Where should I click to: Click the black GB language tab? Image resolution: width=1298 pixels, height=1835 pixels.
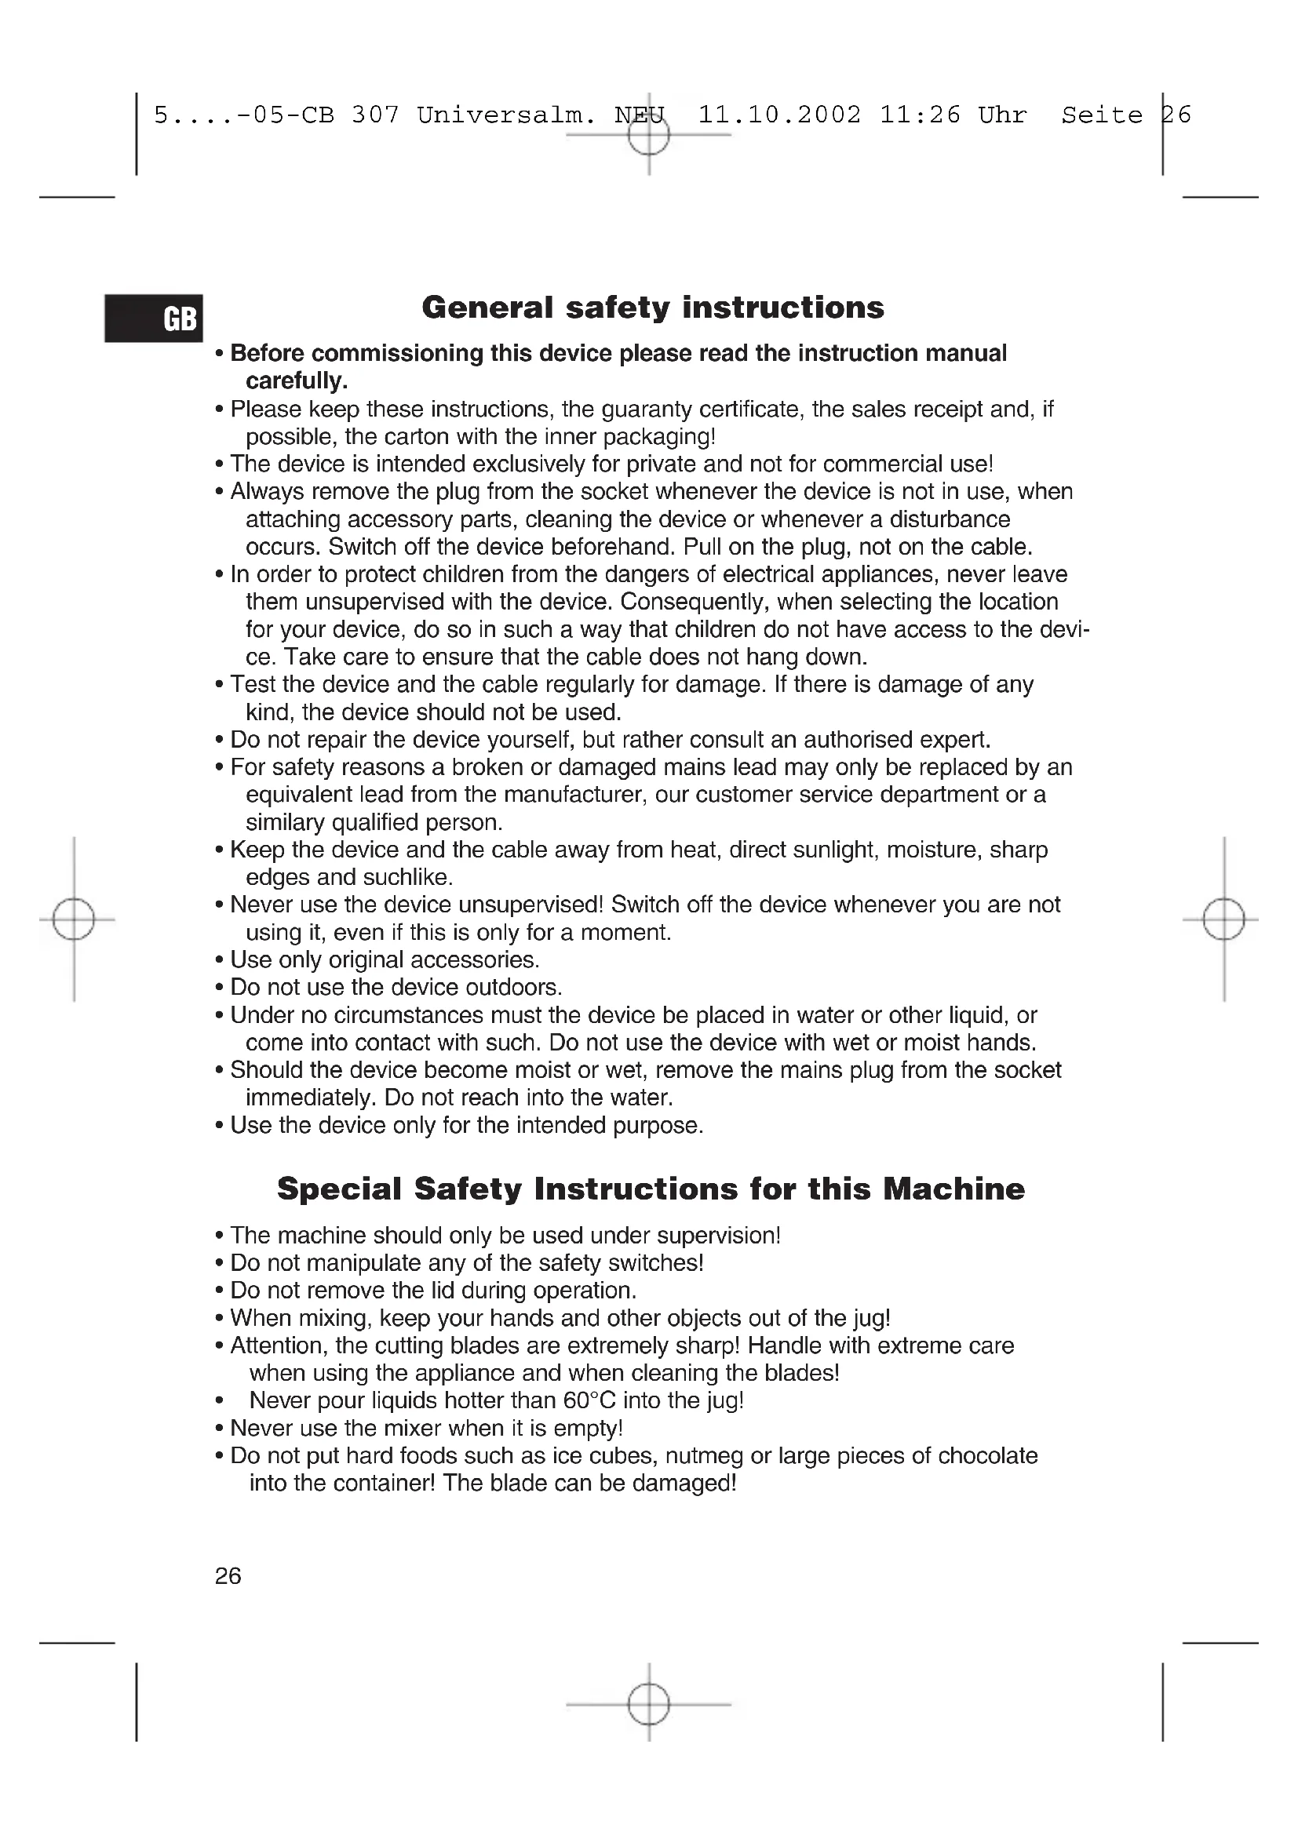coord(154,318)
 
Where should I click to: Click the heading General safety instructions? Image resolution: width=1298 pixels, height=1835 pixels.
coord(652,308)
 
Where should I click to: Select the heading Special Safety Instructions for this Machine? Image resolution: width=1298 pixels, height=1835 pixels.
coord(651,1189)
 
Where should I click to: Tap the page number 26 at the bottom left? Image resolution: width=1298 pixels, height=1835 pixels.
coord(228,1576)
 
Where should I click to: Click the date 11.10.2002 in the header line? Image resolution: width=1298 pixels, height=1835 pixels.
coord(779,115)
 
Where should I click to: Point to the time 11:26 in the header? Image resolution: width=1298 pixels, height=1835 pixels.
coord(920,115)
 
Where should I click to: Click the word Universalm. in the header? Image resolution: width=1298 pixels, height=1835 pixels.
coord(507,115)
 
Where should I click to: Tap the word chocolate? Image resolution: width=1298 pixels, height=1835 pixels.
coord(987,1455)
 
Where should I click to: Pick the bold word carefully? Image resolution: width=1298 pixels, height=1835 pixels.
coord(297,381)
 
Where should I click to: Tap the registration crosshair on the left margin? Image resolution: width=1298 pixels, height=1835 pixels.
coord(74,919)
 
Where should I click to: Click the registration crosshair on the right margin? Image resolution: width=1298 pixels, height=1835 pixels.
coord(1223,919)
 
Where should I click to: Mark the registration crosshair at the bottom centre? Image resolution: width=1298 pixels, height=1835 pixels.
coord(648,1705)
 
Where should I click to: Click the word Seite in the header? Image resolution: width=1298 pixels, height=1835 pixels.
coord(1101,115)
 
